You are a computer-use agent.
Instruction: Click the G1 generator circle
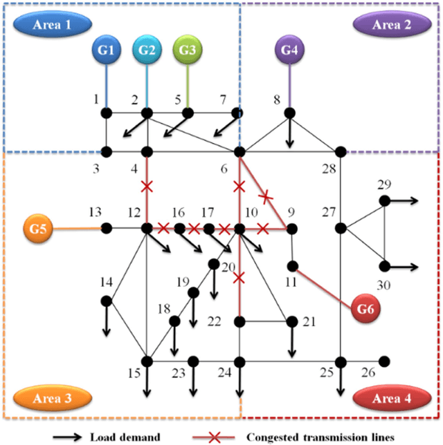[107, 51]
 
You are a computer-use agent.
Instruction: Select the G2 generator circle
[147, 51]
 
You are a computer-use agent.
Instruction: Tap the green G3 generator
[188, 51]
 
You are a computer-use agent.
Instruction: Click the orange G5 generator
[39, 227]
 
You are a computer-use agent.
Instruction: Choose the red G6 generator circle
[367, 309]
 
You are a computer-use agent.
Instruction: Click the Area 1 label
[52, 25]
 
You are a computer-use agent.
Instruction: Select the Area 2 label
[391, 25]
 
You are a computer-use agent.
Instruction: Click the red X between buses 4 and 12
[147, 186]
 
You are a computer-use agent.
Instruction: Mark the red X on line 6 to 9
[264, 198]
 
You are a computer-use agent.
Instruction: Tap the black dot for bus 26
[384, 361]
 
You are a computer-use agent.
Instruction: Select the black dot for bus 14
[106, 301]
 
